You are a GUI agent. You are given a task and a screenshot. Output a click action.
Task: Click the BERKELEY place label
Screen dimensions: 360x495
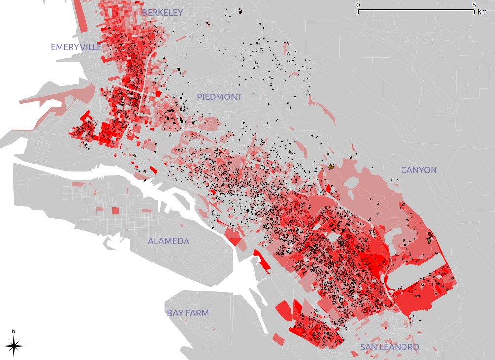point(162,13)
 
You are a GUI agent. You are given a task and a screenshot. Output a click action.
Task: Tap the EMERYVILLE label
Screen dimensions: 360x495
point(76,47)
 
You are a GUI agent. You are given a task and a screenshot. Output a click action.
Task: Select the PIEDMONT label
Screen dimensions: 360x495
point(219,97)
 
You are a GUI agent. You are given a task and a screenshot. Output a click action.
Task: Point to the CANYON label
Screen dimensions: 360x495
point(419,170)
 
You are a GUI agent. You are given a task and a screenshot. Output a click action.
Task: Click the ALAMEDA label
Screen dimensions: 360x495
point(168,241)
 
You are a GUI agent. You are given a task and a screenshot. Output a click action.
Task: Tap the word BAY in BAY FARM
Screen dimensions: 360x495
point(176,313)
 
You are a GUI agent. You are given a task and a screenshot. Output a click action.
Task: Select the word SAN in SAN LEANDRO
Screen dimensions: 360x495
point(369,348)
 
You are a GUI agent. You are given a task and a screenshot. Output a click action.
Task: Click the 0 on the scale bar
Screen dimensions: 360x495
point(358,5)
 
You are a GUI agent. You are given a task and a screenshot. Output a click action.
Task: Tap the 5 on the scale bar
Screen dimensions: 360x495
point(474,5)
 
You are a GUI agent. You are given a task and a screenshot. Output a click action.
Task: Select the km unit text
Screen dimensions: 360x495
point(482,12)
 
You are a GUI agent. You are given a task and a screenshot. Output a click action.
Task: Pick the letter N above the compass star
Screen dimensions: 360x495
point(14,331)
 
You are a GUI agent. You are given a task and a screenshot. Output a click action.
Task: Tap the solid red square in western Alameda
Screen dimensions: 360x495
point(115,210)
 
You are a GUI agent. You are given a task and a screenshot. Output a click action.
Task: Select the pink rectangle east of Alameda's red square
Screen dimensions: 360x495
point(146,211)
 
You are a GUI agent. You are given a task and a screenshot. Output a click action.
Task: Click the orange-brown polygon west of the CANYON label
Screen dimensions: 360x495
point(331,167)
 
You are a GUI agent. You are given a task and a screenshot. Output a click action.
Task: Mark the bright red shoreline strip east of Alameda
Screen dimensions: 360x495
point(262,261)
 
